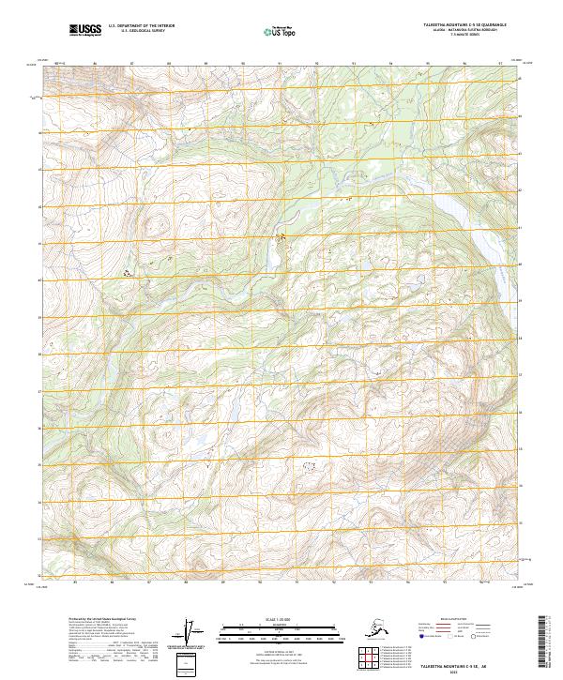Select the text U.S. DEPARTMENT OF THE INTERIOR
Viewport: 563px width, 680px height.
(x=137, y=28)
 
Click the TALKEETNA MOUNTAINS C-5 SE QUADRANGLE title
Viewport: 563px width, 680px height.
(x=457, y=26)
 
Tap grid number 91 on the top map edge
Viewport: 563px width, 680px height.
(x=280, y=64)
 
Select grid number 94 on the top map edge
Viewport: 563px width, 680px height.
(x=389, y=64)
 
